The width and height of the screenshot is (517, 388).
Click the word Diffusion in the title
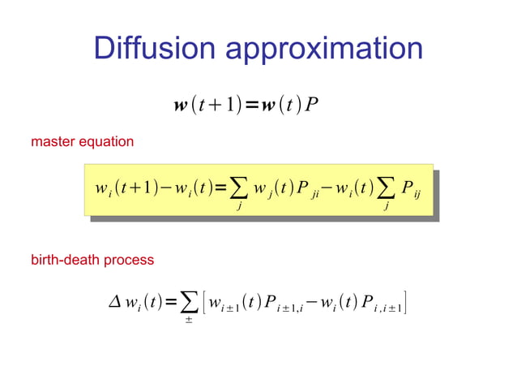155,48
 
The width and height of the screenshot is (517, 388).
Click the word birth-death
66,261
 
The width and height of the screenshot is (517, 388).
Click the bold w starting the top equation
180,106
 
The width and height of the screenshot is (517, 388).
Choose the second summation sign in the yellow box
387,191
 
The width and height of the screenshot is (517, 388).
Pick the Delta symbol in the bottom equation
115,304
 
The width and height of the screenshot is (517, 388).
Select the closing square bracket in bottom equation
404,304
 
